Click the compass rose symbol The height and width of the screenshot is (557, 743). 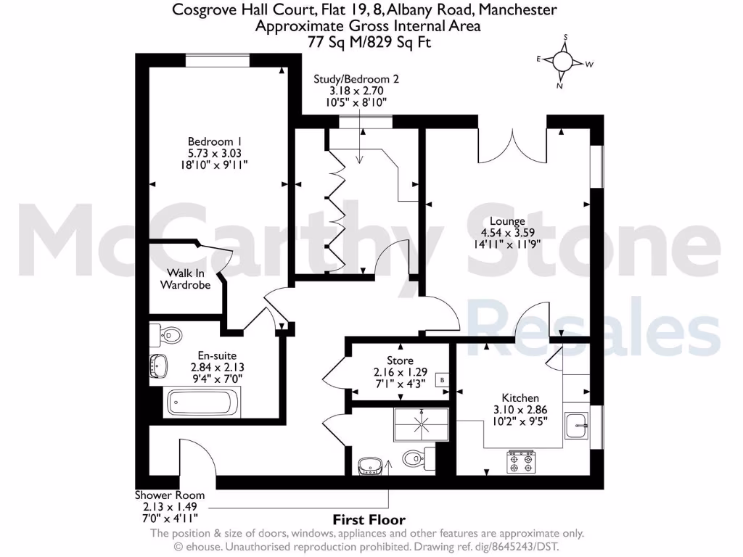(562, 62)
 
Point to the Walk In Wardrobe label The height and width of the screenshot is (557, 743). (185, 279)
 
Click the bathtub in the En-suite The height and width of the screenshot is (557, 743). (202, 403)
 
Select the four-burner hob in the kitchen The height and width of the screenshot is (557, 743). (522, 462)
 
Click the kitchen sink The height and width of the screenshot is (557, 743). (577, 426)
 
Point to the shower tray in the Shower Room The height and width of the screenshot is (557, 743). (422, 424)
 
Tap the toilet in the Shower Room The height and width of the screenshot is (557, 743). (419, 458)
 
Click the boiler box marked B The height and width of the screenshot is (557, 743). (443, 380)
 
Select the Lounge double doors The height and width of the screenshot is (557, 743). (513, 147)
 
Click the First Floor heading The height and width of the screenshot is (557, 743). (369, 520)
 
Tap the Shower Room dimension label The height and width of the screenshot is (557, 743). (170, 507)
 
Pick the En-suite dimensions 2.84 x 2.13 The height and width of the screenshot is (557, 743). (218, 367)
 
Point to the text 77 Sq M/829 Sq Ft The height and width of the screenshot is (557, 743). (369, 42)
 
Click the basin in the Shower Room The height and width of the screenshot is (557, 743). (370, 466)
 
